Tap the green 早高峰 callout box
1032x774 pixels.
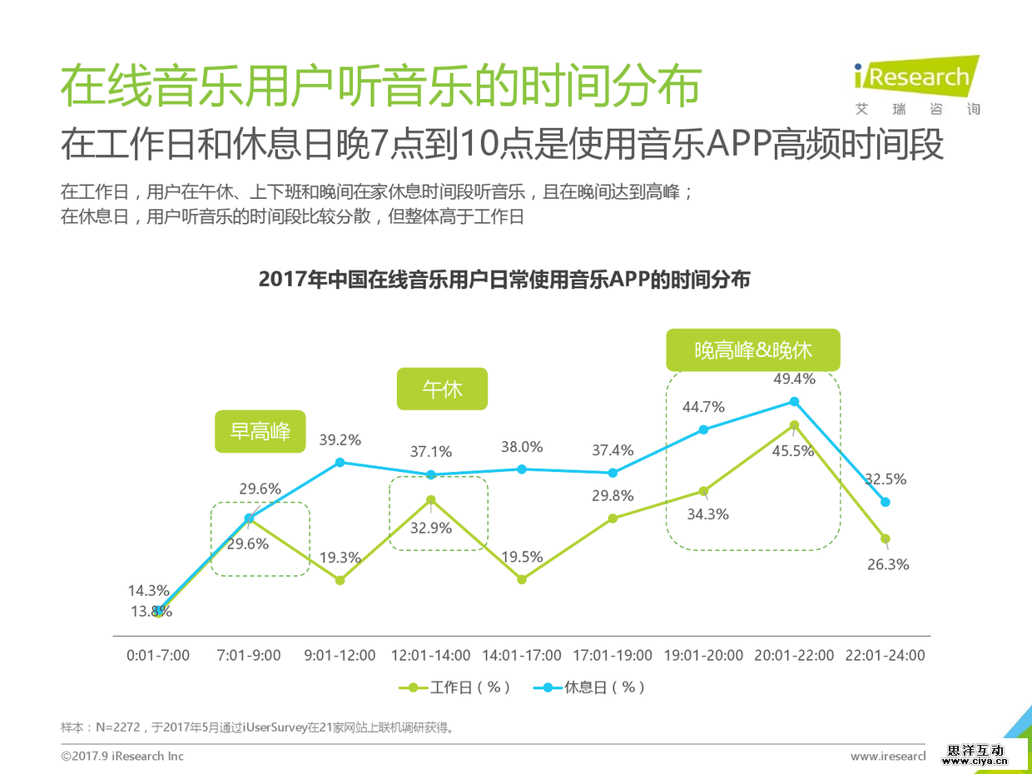260,431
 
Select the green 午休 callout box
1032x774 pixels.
442,389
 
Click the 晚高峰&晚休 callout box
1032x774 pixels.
753,350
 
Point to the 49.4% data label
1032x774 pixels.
794,379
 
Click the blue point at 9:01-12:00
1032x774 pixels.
340,462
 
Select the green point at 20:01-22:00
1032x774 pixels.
794,425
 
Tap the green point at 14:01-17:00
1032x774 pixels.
522,579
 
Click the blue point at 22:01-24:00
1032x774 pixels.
886,502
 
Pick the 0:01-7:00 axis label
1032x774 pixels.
158,656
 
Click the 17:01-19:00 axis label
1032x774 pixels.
613,656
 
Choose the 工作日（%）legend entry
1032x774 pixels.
454,687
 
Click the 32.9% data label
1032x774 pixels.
431,528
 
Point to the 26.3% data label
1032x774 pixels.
887,564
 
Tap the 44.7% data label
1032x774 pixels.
704,407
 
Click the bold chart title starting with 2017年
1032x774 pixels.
504,280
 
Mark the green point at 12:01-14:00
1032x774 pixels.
431,500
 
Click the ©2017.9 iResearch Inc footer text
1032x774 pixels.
122,756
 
